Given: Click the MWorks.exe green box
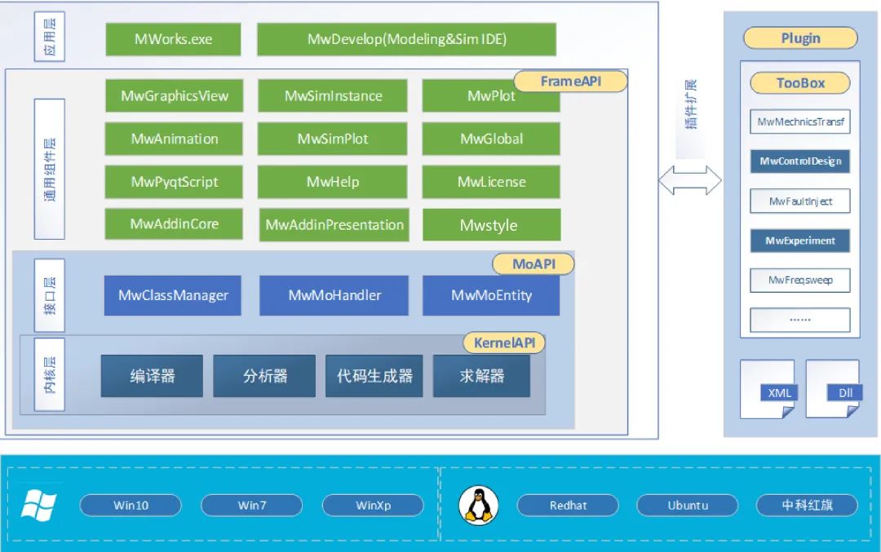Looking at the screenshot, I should pyautogui.click(x=173, y=39).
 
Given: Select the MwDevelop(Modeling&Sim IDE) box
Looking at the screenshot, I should pyautogui.click(x=406, y=39).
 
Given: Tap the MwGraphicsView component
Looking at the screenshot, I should pyautogui.click(x=174, y=95).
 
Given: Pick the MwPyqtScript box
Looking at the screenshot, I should pyautogui.click(x=174, y=182).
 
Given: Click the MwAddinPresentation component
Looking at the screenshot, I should pyautogui.click(x=334, y=225).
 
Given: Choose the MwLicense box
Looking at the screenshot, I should pyautogui.click(x=491, y=182).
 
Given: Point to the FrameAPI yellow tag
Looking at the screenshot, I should pyautogui.click(x=571, y=82).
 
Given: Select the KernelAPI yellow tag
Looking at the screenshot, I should pyautogui.click(x=504, y=342).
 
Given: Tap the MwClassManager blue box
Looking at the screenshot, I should pyautogui.click(x=173, y=295).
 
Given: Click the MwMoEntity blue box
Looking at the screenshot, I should pyautogui.click(x=491, y=295).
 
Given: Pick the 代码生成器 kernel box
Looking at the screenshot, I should pyautogui.click(x=374, y=376).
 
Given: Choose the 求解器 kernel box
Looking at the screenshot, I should pyautogui.click(x=481, y=376).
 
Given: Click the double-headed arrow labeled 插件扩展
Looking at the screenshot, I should pyautogui.click(x=690, y=181).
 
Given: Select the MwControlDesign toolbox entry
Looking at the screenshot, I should pyautogui.click(x=799, y=161).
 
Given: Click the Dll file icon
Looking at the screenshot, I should pyautogui.click(x=833, y=389).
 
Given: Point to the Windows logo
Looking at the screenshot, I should pyautogui.click(x=38, y=506).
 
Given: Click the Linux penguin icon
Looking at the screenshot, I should pyautogui.click(x=479, y=505).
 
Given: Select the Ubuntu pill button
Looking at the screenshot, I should pyautogui.click(x=687, y=506).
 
